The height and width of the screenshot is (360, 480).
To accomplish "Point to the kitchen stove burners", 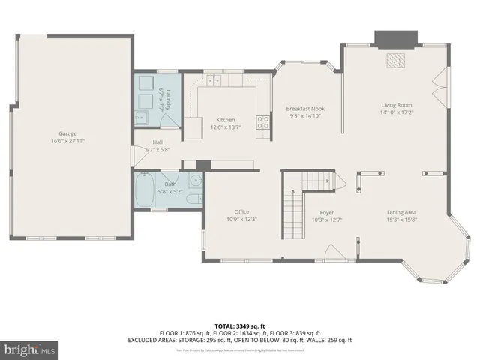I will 263,122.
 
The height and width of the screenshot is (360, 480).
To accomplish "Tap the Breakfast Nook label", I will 305,109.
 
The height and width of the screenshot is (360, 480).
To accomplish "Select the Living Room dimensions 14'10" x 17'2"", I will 397,112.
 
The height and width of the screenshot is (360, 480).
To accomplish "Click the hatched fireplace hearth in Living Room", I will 395,60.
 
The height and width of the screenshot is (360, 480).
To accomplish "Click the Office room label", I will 241,211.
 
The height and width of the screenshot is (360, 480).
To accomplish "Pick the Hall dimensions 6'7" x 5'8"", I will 157,149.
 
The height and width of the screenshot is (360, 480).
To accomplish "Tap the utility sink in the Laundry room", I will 141,116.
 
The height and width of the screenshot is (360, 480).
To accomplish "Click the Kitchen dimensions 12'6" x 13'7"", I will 226,127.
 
